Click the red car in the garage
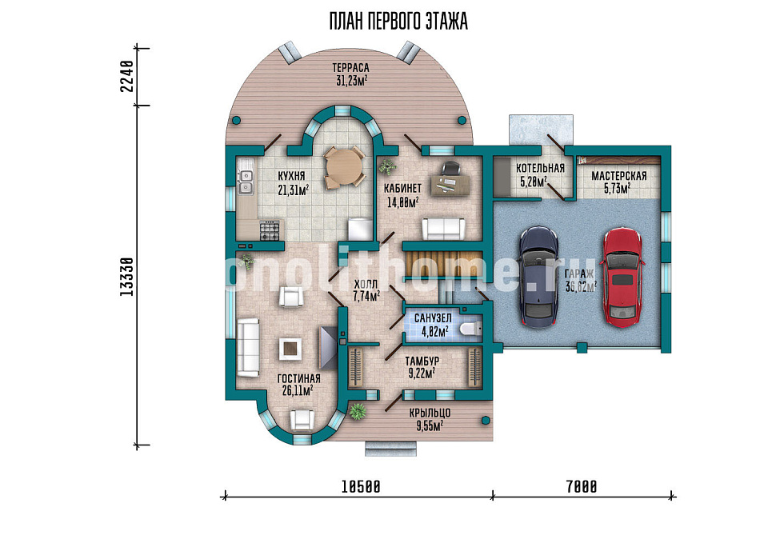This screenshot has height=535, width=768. pyautogui.click(x=622, y=277)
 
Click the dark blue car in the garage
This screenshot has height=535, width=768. pyautogui.click(x=538, y=277)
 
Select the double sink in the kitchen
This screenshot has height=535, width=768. pyautogui.click(x=246, y=181)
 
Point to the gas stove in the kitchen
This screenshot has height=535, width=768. pyautogui.click(x=270, y=230)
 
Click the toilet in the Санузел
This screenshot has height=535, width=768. pyautogui.click(x=470, y=329)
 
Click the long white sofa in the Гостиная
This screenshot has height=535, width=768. pyautogui.click(x=248, y=348)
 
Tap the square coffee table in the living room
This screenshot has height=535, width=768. pyautogui.click(x=291, y=349)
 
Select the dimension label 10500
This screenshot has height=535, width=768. pyautogui.click(x=361, y=487)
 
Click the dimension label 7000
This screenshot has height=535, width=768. pyautogui.click(x=582, y=487)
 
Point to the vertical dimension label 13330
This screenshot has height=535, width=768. pyautogui.click(x=126, y=276)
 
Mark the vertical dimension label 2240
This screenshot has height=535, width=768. pyautogui.click(x=126, y=76)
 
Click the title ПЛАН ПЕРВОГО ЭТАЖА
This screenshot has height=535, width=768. pyautogui.click(x=398, y=22)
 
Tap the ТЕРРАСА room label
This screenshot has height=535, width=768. pyautogui.click(x=350, y=67)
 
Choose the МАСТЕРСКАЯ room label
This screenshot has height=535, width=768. pyautogui.click(x=618, y=176)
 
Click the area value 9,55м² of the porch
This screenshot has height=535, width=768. pyautogui.click(x=430, y=425)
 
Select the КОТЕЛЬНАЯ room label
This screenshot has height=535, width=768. pyautogui.click(x=540, y=168)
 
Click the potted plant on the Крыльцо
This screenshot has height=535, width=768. pyautogui.click(x=358, y=411)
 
